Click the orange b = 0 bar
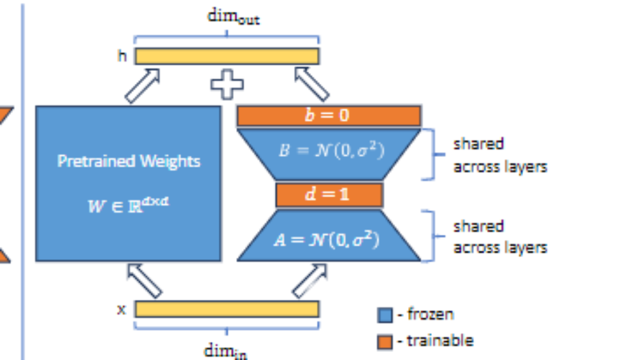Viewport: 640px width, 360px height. [x=329, y=116]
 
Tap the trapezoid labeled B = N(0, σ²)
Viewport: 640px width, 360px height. [x=329, y=152]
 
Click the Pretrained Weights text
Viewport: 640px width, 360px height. [x=129, y=161]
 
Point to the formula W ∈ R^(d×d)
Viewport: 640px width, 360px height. [x=129, y=205]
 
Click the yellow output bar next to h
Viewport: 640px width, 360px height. [x=227, y=56]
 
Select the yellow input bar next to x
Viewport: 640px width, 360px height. [x=227, y=309]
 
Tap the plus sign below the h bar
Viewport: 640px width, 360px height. [x=227, y=84]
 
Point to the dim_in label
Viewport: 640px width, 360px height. [x=226, y=350]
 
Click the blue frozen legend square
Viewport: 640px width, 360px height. [x=385, y=315]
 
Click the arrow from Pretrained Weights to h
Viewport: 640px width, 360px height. [x=142, y=85]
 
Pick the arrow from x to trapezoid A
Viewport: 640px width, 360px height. [x=310, y=280]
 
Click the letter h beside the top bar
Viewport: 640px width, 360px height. [x=122, y=56]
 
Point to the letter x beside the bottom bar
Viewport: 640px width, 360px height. [x=122, y=309]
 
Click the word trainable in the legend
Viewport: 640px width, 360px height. [x=440, y=341]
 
